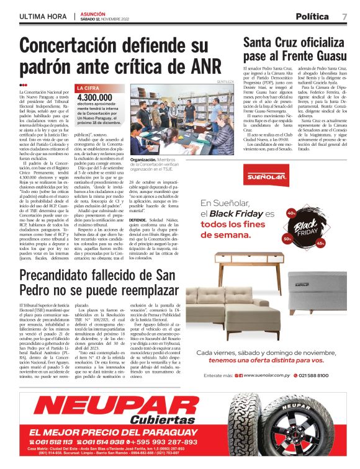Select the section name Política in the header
tap(312, 16)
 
